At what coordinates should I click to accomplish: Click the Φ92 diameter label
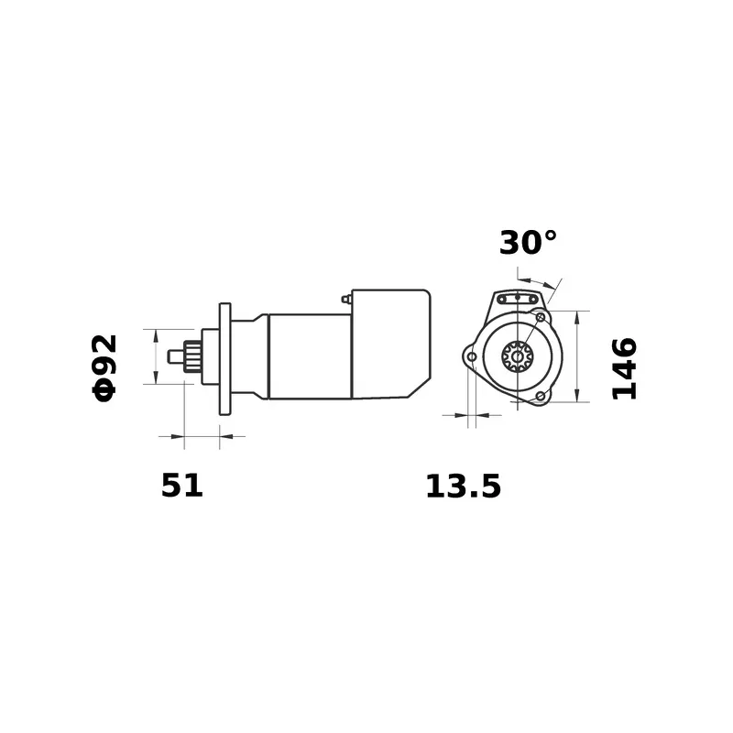point(104,368)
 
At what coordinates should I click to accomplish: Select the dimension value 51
point(181,486)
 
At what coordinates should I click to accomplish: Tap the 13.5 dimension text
point(464,487)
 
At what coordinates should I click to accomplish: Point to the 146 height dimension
point(624,369)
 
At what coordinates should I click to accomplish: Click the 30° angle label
point(528,243)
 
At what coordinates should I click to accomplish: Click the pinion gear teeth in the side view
point(193,356)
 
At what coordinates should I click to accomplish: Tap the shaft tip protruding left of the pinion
point(176,356)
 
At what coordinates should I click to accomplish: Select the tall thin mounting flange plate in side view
point(224,359)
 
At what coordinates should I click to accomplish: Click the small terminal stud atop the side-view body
point(345,299)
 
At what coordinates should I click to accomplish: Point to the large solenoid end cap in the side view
point(391,345)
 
